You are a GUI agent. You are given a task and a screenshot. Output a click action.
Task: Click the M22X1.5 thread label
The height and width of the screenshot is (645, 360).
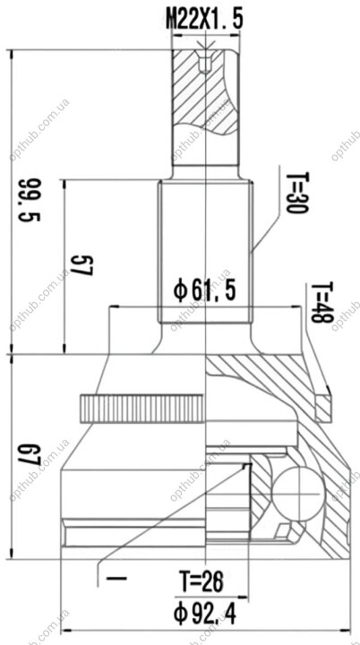point(204,20)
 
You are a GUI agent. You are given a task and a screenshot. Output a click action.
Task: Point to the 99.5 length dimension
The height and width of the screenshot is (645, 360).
point(30,200)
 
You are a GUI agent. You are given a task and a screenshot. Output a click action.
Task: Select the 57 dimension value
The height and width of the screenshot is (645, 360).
point(81,265)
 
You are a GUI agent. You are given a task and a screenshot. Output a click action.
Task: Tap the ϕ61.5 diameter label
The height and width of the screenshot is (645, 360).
point(204,291)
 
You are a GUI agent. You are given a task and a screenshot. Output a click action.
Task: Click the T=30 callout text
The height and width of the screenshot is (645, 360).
point(296,193)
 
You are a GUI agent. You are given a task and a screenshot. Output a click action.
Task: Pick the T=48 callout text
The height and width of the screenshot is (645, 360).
point(321,303)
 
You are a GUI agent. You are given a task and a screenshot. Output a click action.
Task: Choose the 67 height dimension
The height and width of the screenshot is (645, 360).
point(30,454)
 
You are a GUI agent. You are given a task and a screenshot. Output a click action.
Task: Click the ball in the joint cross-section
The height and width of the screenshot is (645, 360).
point(297,493)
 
